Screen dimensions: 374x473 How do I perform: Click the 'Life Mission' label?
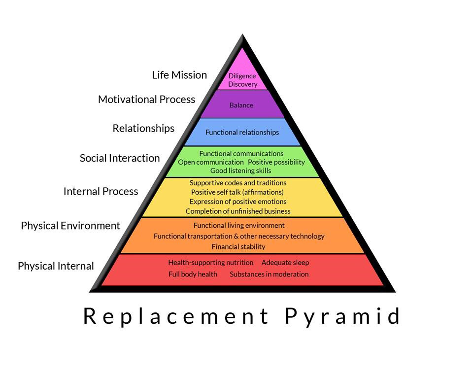pyautogui.click(x=179, y=75)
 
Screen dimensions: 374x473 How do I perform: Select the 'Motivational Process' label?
pyautogui.click(x=146, y=99)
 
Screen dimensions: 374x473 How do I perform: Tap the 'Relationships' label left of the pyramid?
pyautogui.click(x=143, y=128)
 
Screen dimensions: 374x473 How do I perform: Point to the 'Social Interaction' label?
pyautogui.click(x=120, y=158)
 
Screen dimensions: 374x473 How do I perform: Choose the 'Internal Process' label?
pyautogui.click(x=101, y=191)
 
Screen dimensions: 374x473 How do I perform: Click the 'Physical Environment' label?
pyautogui.click(x=70, y=226)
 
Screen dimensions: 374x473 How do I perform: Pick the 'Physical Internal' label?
pyautogui.click(x=56, y=266)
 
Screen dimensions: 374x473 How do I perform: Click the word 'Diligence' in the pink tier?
pyautogui.click(x=242, y=76)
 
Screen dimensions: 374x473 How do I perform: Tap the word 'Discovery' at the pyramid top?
pyautogui.click(x=242, y=84)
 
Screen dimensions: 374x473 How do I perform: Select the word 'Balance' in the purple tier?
pyautogui.click(x=241, y=105)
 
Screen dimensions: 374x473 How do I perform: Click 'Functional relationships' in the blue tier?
pyautogui.click(x=242, y=132)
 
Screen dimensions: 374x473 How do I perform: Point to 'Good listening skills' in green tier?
pyautogui.click(x=241, y=170)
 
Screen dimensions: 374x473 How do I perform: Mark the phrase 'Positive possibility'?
pyautogui.click(x=276, y=162)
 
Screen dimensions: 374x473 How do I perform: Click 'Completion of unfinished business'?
pyautogui.click(x=238, y=211)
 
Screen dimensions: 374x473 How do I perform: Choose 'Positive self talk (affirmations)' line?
pyautogui.click(x=237, y=192)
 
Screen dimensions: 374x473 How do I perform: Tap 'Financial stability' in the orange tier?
pyautogui.click(x=238, y=246)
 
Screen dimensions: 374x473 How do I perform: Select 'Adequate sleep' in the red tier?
pyautogui.click(x=285, y=263)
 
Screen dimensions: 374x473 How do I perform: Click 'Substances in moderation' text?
pyautogui.click(x=269, y=274)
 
